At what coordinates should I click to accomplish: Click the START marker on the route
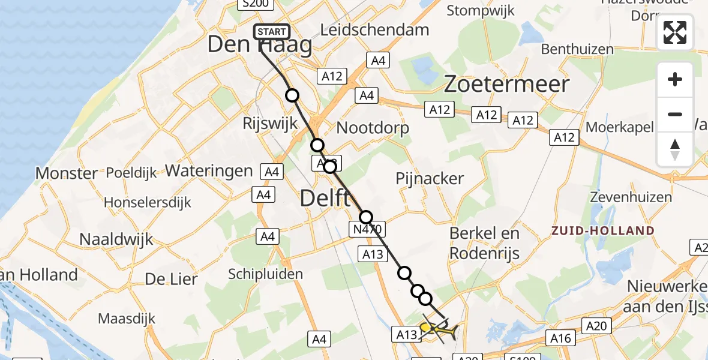point(272,32)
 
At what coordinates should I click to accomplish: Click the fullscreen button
point(675,32)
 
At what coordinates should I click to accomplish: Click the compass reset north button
point(675,149)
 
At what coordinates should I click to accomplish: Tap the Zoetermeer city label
point(506,84)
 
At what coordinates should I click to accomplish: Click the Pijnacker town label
point(430,178)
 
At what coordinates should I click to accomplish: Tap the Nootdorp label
point(373,128)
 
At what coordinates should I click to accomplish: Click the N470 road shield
point(366,229)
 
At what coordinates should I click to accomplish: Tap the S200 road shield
point(255,4)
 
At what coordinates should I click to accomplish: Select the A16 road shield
point(561,338)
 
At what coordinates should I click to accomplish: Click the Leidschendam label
point(375,29)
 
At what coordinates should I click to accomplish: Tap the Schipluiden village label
point(265,274)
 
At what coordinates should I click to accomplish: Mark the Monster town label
point(67,173)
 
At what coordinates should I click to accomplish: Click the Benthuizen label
point(577,49)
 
